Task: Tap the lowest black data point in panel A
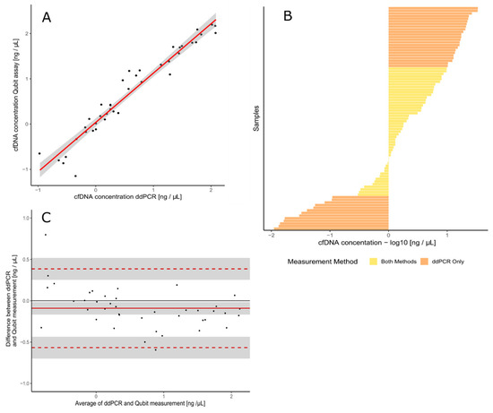point(75,176)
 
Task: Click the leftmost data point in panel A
point(39,153)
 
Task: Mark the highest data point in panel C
point(46,235)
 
